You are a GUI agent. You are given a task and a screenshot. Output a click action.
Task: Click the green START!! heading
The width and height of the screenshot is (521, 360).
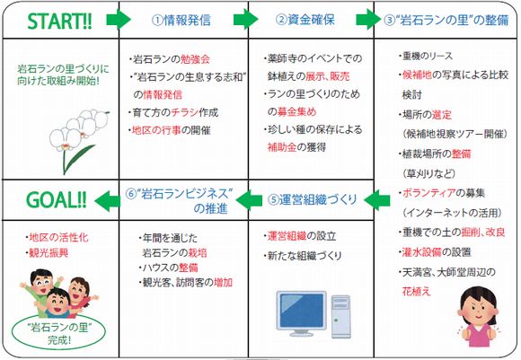click(x=59, y=22)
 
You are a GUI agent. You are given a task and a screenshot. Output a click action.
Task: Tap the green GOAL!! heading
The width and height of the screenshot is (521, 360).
click(x=57, y=200)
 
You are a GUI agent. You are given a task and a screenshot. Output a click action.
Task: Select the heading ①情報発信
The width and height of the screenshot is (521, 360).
click(x=181, y=21)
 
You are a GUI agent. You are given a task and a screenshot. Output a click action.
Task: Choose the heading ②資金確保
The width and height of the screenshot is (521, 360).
click(x=305, y=20)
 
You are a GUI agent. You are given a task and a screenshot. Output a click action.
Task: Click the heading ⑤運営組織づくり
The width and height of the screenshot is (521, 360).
click(x=312, y=199)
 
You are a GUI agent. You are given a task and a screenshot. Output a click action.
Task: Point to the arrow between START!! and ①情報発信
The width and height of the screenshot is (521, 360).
click(x=119, y=20)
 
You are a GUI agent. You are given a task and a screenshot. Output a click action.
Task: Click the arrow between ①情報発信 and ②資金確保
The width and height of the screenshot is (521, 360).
click(x=246, y=20)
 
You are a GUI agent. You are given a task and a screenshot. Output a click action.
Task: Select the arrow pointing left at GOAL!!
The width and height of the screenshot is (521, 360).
click(x=107, y=201)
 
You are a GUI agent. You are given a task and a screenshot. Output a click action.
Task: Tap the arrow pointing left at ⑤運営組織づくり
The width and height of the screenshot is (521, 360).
click(x=377, y=200)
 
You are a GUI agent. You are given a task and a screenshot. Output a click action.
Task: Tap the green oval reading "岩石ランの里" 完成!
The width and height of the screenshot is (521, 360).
click(x=58, y=332)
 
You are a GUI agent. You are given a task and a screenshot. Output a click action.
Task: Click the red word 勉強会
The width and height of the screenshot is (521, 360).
click(x=196, y=59)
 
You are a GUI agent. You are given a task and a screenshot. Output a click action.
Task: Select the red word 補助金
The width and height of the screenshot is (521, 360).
click(x=282, y=147)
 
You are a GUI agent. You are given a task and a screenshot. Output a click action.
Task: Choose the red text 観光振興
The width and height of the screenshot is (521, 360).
click(x=49, y=253)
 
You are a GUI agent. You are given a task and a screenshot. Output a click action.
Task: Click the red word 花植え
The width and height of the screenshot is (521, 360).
click(x=416, y=292)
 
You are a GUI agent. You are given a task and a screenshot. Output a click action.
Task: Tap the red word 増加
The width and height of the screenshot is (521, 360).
click(x=223, y=283)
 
